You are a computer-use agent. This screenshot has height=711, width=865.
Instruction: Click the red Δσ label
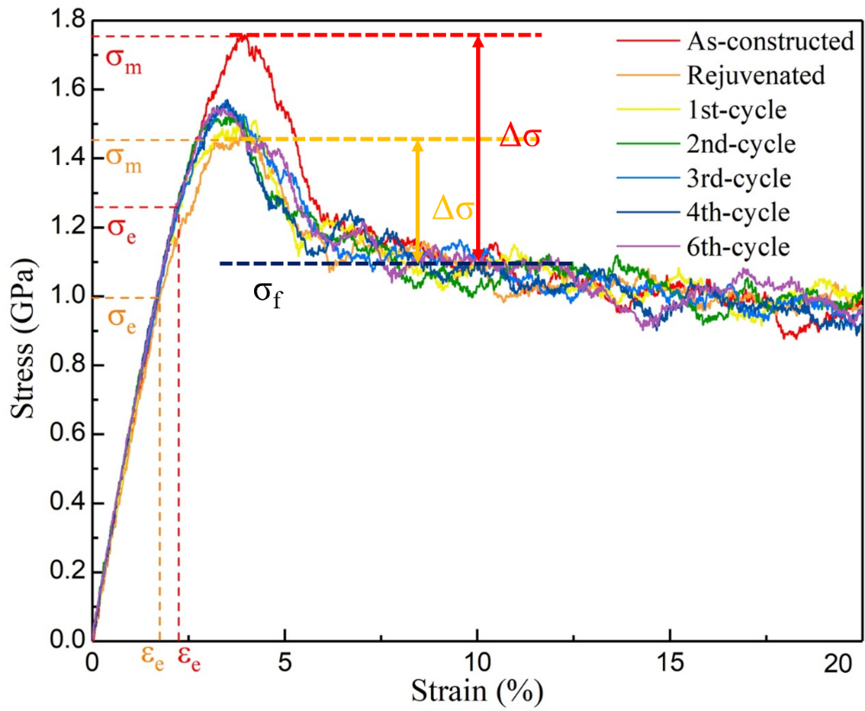(521, 137)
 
